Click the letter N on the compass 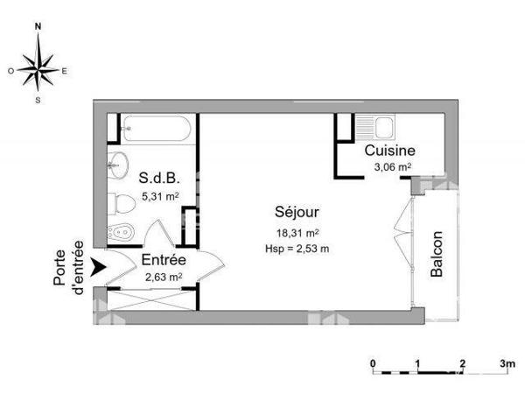tap(38, 26)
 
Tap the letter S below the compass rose tap(38, 100)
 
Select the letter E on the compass tap(64, 71)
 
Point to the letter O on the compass tap(11, 71)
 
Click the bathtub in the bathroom tap(157, 129)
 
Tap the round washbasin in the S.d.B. tap(118, 165)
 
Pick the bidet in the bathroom tap(121, 231)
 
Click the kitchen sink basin tap(384, 128)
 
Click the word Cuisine tap(389, 151)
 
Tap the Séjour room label tap(297, 212)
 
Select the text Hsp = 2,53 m tap(297, 249)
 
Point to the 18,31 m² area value tap(297, 233)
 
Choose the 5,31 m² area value tap(160, 196)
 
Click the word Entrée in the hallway tap(164, 260)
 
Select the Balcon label tap(437, 254)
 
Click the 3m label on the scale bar tap(507, 363)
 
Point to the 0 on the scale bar tap(373, 363)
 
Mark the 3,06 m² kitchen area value tap(393, 167)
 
